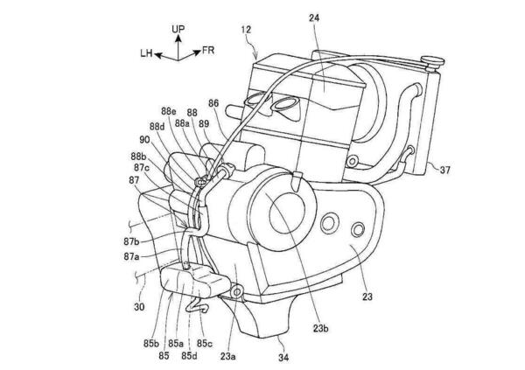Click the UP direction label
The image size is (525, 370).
pos(178,29)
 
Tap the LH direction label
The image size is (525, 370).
pos(146,52)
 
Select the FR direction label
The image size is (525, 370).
pos(207,51)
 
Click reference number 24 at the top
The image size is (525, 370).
pos(314,17)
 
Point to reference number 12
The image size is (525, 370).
pos(246,30)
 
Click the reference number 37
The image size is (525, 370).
pos(445,171)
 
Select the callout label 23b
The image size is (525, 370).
pos(321,329)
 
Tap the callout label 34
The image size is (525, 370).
pos(283,358)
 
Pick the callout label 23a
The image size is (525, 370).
pos(227,357)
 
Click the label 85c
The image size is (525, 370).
pos(205,343)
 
